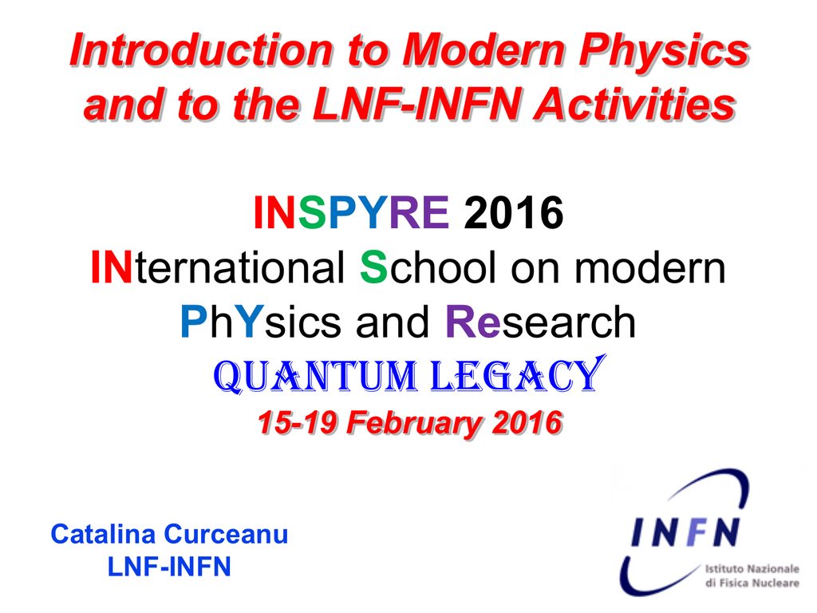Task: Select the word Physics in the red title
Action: click(x=664, y=50)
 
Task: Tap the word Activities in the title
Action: click(x=635, y=105)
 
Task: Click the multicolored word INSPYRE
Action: click(x=351, y=212)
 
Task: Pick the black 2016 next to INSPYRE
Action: click(x=514, y=212)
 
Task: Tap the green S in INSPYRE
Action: click(x=312, y=212)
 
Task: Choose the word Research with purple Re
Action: click(x=540, y=322)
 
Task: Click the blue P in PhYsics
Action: click(x=195, y=322)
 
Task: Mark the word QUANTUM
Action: click(x=316, y=376)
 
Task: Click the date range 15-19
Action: click(x=297, y=422)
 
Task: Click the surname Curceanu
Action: click(x=226, y=534)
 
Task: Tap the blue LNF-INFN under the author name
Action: click(x=169, y=567)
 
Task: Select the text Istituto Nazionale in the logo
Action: click(x=752, y=568)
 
